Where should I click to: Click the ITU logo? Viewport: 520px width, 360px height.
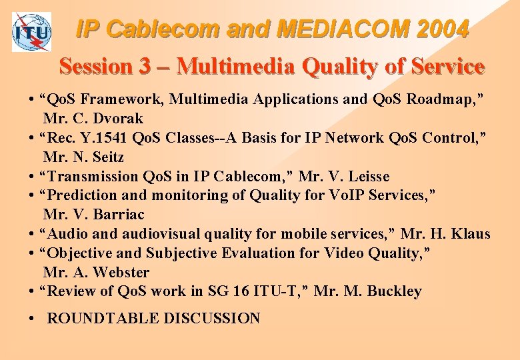[x=31, y=32]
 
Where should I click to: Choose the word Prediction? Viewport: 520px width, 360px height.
[x=82, y=196]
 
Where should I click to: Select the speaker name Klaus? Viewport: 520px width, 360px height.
[x=469, y=234]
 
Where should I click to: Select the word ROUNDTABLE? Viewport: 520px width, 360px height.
[x=100, y=319]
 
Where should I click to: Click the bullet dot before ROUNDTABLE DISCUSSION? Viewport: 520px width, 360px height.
[x=32, y=319]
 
